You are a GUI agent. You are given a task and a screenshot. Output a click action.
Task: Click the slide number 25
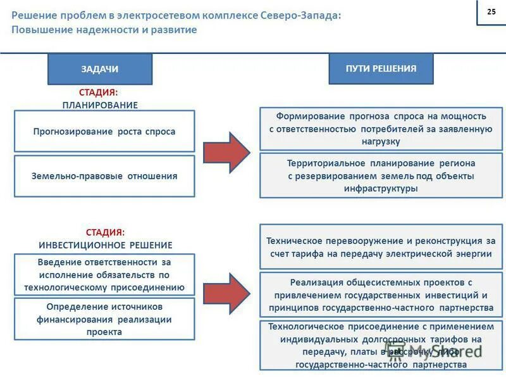click(x=491, y=13)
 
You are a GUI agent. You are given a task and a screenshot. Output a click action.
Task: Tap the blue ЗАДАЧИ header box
click(x=100, y=69)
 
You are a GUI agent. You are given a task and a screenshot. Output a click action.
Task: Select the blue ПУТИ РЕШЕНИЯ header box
click(x=381, y=68)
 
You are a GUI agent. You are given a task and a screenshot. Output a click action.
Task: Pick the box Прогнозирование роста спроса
click(x=104, y=131)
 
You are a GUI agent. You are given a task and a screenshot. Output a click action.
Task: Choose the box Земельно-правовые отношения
click(x=104, y=176)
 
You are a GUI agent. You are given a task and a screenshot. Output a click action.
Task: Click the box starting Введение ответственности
click(x=104, y=274)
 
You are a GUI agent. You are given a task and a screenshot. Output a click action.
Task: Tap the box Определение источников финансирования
click(x=104, y=319)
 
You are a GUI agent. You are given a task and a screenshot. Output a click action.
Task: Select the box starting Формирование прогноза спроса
click(x=381, y=129)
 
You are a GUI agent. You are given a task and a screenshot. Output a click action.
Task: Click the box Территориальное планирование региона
click(x=381, y=175)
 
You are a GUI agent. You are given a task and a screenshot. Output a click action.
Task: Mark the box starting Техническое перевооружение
click(x=381, y=247)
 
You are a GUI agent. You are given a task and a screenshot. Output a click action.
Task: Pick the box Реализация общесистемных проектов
click(x=381, y=294)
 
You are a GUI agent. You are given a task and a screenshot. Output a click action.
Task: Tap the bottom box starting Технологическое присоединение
click(x=381, y=346)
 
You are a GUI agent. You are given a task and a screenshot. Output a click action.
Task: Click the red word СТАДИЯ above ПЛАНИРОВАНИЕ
click(x=98, y=92)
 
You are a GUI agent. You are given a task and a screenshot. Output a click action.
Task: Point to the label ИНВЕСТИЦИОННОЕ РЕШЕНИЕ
click(x=105, y=244)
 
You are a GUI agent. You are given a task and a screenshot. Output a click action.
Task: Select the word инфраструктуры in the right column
click(x=381, y=188)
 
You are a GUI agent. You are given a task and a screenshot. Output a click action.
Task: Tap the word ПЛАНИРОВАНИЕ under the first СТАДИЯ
click(x=100, y=104)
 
